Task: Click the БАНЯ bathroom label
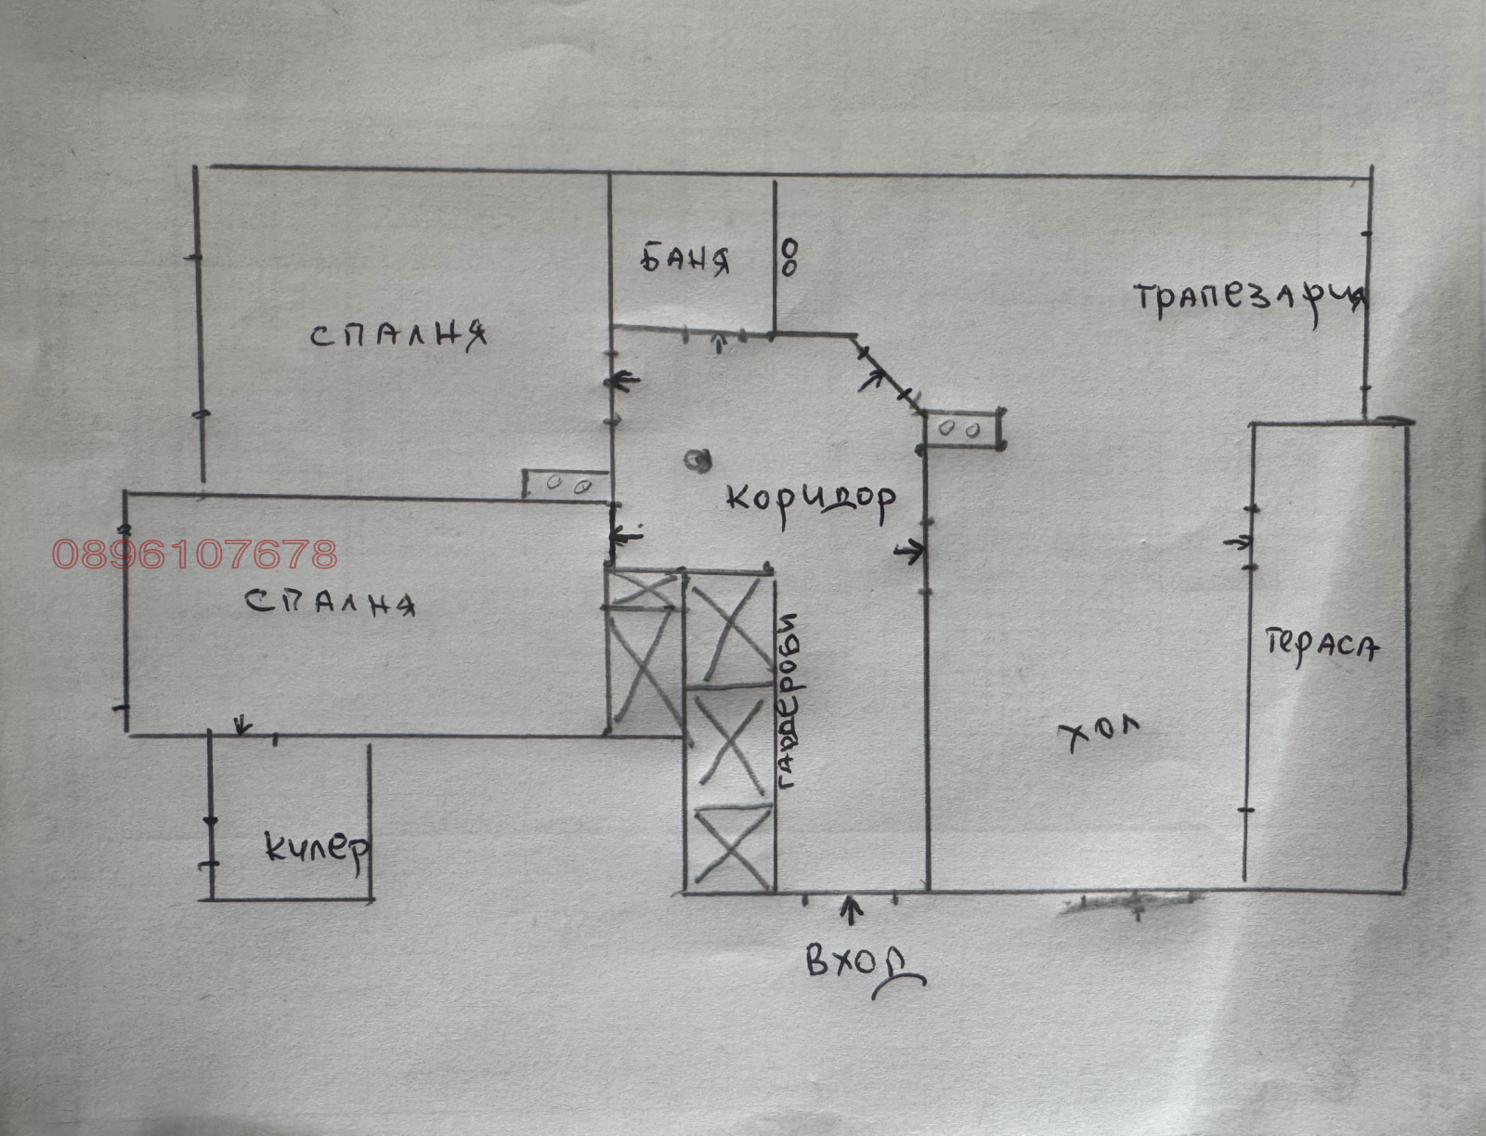pos(685,260)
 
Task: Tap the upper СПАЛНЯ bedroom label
pos(398,334)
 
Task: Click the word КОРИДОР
pos(811,502)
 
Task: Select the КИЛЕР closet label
pos(316,847)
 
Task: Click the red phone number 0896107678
pos(195,555)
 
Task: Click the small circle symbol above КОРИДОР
pos(696,459)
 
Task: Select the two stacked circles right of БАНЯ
pos(789,257)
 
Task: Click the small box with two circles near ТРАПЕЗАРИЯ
pos(961,430)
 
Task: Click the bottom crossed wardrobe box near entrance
pos(732,845)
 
